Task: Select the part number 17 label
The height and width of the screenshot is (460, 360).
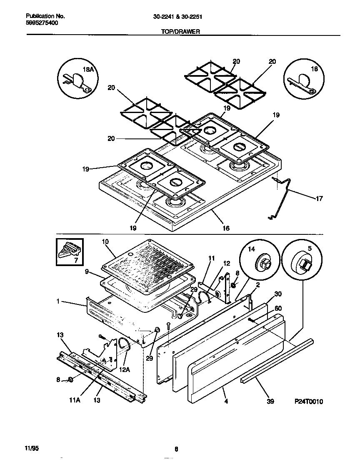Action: [x=319, y=199]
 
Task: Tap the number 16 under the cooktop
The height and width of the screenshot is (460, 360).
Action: [x=226, y=228]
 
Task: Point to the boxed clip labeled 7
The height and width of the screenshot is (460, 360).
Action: [x=70, y=251]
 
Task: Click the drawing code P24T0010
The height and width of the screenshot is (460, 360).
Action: [x=309, y=402]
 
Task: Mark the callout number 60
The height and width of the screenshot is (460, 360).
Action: [x=278, y=308]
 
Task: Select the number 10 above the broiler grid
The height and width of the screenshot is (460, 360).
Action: [x=105, y=241]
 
